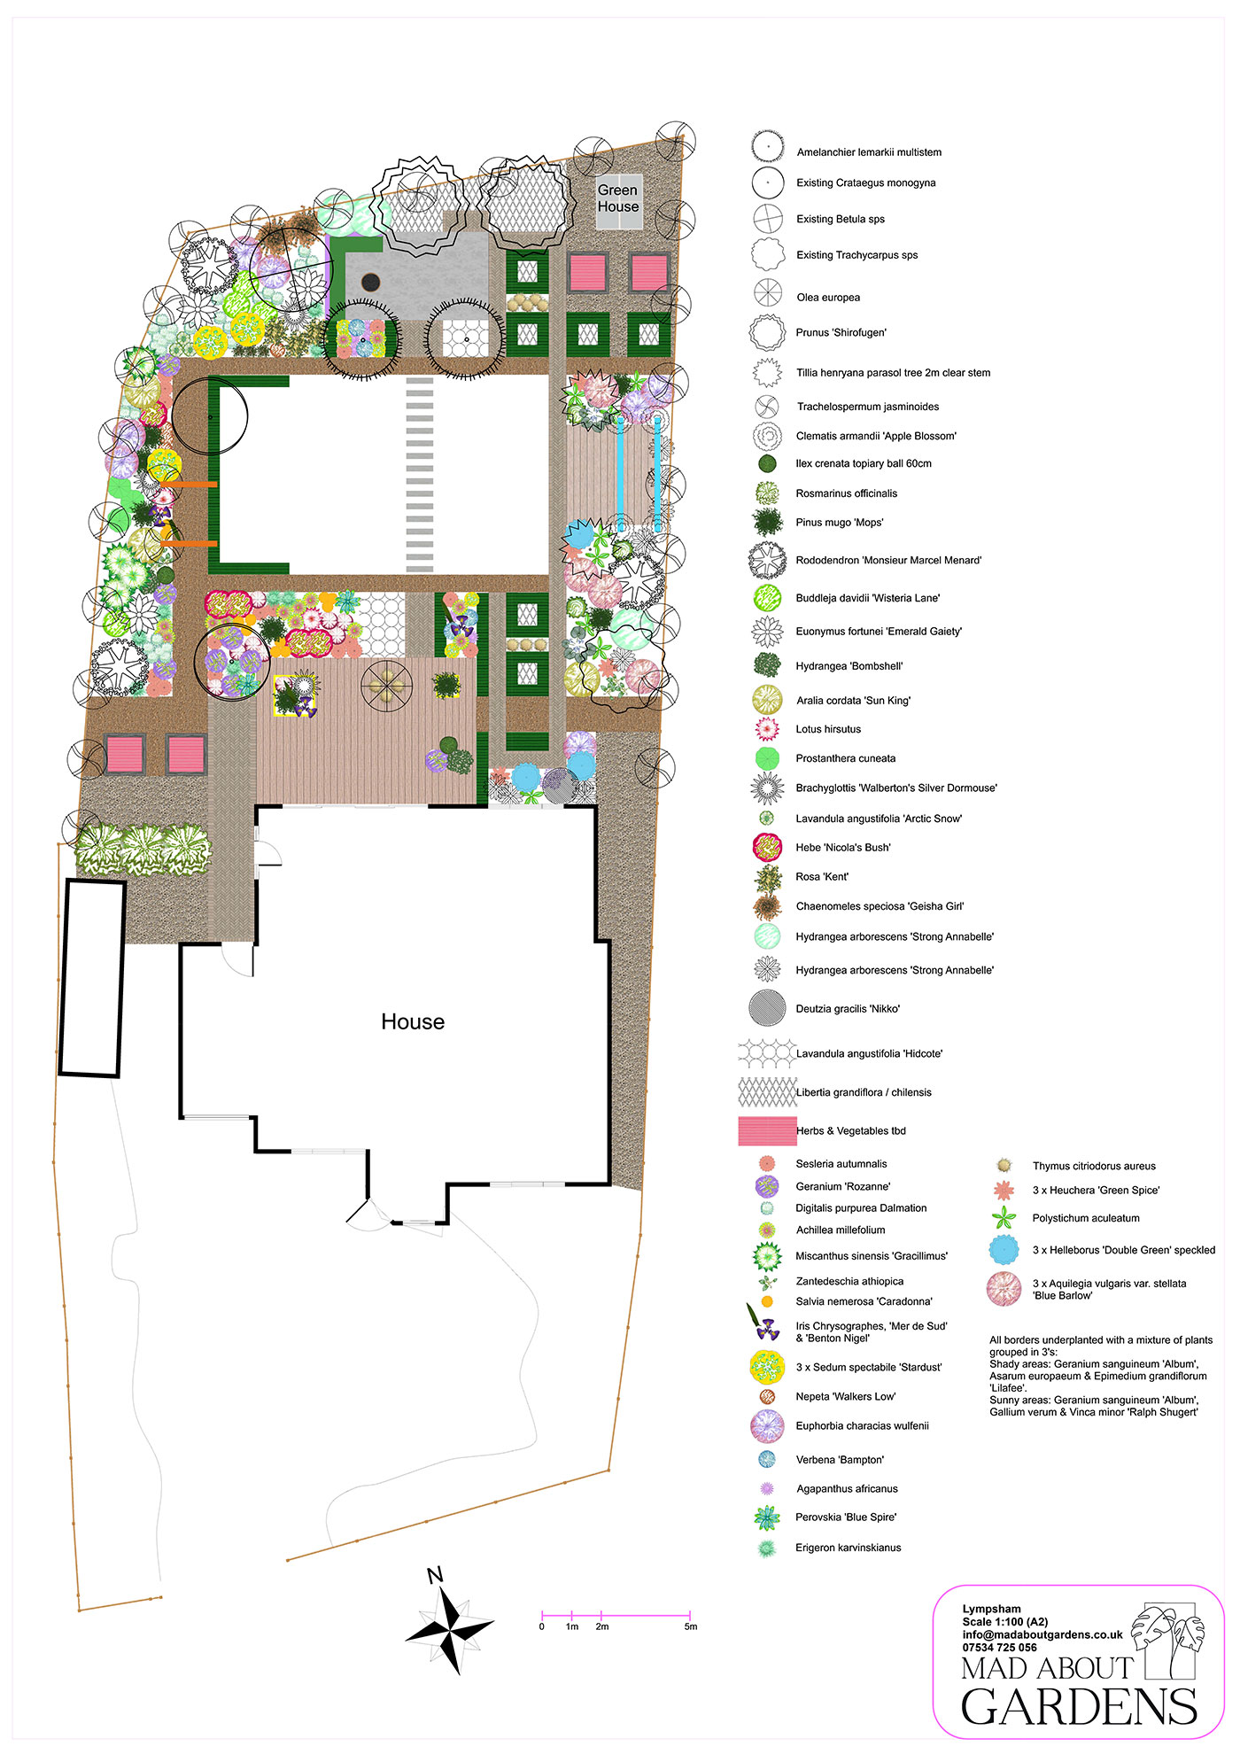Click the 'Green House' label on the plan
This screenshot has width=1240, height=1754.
point(617,198)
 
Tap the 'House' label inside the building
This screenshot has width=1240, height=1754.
point(413,1021)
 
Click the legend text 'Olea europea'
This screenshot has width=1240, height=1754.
point(828,298)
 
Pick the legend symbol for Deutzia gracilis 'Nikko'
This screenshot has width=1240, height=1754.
point(767,1008)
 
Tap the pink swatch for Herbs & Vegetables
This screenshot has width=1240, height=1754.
point(767,1130)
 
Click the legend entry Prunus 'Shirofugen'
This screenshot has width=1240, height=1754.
point(841,333)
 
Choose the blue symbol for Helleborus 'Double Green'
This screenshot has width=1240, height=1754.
point(1004,1250)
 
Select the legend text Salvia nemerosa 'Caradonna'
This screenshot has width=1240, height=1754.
point(864,1301)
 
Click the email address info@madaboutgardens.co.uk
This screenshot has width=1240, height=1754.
point(1042,1634)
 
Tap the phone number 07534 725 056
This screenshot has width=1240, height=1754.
point(999,1648)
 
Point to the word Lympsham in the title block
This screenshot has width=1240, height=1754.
point(992,1609)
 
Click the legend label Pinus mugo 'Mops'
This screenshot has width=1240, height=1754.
point(840,523)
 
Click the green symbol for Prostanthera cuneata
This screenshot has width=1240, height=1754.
point(767,758)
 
